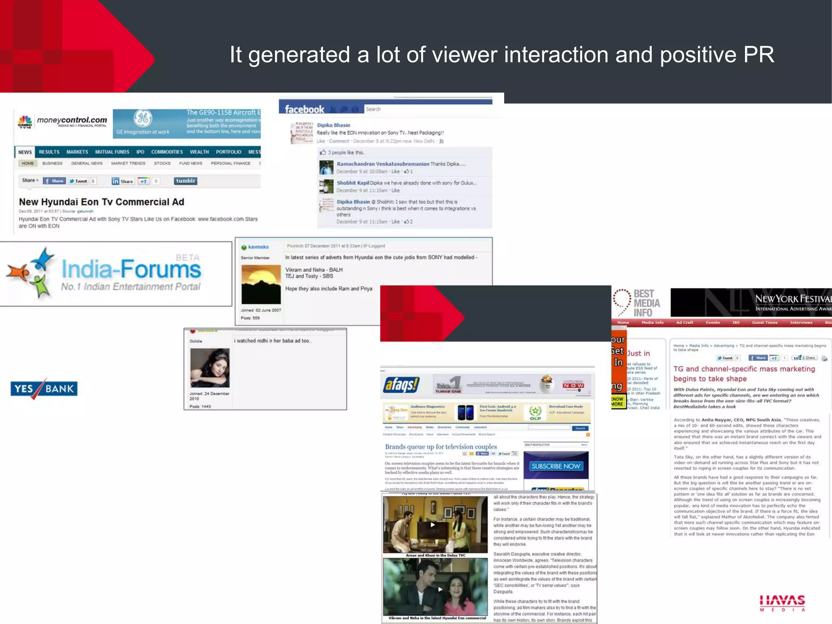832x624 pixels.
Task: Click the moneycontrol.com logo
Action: tap(63, 121)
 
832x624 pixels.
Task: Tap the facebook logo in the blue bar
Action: tap(304, 109)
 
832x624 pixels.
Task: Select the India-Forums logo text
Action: tap(131, 269)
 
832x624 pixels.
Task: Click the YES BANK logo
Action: tap(44, 389)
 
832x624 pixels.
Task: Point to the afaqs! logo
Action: tap(401, 384)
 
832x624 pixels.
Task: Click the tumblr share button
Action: tap(186, 181)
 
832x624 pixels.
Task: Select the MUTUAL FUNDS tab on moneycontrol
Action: tap(112, 152)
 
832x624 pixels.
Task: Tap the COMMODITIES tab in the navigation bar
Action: tap(167, 152)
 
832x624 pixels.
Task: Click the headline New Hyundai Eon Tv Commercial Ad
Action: tap(102, 202)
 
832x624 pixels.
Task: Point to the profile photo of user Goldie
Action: tap(210, 368)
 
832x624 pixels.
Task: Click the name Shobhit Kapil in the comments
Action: tap(353, 183)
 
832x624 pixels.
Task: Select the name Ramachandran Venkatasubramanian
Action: tap(383, 164)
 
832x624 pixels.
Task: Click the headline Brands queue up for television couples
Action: tap(441, 446)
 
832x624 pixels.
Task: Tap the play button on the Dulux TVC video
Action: tap(433, 524)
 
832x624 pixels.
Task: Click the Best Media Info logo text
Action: tap(646, 303)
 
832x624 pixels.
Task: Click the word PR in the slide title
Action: tap(758, 55)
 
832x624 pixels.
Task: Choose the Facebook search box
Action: tap(427, 109)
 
